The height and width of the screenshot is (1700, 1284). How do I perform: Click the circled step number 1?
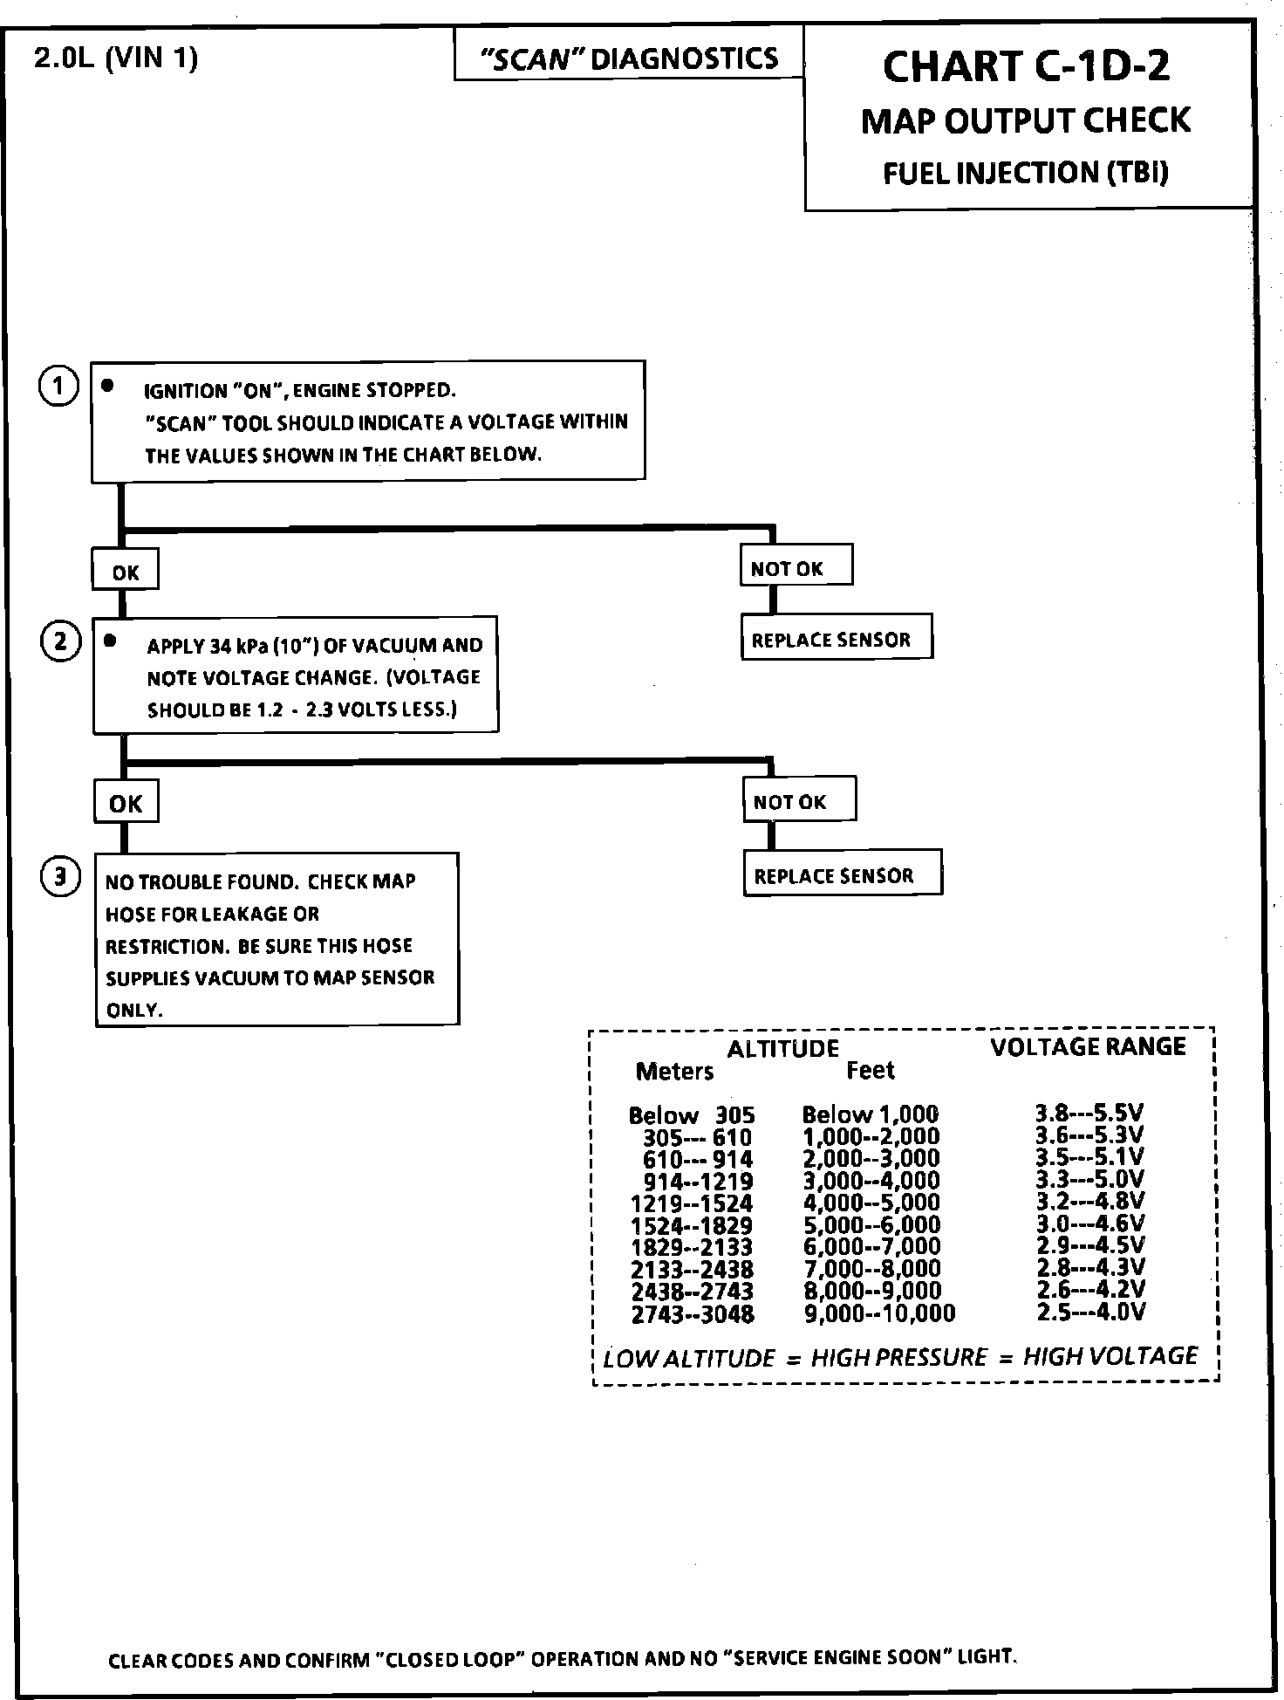click(58, 386)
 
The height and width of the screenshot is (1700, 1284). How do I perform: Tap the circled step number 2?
click(60, 642)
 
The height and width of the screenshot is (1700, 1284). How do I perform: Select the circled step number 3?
click(60, 876)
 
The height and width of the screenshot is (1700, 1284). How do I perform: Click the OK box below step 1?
click(126, 572)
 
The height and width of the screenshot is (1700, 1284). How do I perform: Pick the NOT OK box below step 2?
click(799, 800)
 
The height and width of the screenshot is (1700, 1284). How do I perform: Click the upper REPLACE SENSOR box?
click(836, 639)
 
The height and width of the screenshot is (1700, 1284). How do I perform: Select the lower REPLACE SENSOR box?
click(842, 874)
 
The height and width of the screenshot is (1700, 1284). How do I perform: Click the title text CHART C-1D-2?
click(1027, 66)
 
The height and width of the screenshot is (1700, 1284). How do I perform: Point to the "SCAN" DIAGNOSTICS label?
click(629, 58)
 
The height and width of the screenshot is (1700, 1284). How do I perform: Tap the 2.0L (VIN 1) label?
click(116, 58)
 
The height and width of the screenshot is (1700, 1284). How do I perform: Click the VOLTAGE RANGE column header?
click(1088, 1046)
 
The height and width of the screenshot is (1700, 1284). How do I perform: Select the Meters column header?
click(674, 1071)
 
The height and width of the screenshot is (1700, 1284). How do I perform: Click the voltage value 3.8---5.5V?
click(1089, 1113)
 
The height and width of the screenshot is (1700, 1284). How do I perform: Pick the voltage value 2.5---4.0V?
click(1090, 1312)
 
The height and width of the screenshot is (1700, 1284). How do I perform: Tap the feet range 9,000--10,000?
click(879, 1313)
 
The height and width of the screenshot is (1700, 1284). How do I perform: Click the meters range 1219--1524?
click(691, 1203)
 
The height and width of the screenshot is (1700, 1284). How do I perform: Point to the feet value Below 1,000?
click(870, 1114)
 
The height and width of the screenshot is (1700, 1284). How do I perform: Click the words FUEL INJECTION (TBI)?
click(1026, 173)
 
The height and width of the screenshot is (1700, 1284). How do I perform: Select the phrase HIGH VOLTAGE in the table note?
click(1110, 1355)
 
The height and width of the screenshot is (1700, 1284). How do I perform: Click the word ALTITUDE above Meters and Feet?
click(782, 1048)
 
